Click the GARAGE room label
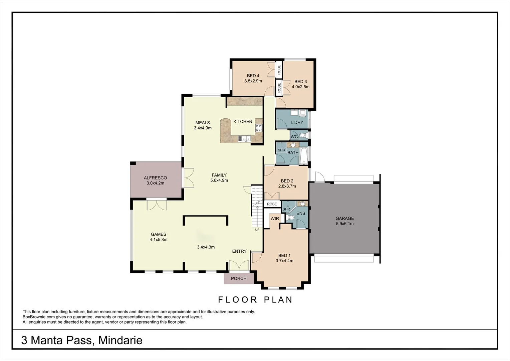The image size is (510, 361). (x=344, y=218)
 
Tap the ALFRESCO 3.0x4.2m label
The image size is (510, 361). (x=155, y=180)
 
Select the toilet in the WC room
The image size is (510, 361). (x=303, y=136)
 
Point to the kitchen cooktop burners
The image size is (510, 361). (x=259, y=127)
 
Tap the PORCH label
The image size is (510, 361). (x=239, y=278)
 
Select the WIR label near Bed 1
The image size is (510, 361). (x=275, y=219)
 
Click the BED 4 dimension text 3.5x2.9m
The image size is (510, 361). (x=253, y=81)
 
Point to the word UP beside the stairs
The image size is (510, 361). (x=257, y=230)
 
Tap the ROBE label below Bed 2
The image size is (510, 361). (x=272, y=204)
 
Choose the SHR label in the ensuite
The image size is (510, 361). (x=286, y=209)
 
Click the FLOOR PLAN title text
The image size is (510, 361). (x=255, y=299)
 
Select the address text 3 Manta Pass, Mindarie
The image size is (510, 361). (x=82, y=340)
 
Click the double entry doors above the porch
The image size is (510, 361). (x=239, y=265)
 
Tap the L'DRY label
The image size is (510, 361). (x=297, y=122)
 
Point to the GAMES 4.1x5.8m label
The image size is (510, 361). (x=159, y=237)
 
